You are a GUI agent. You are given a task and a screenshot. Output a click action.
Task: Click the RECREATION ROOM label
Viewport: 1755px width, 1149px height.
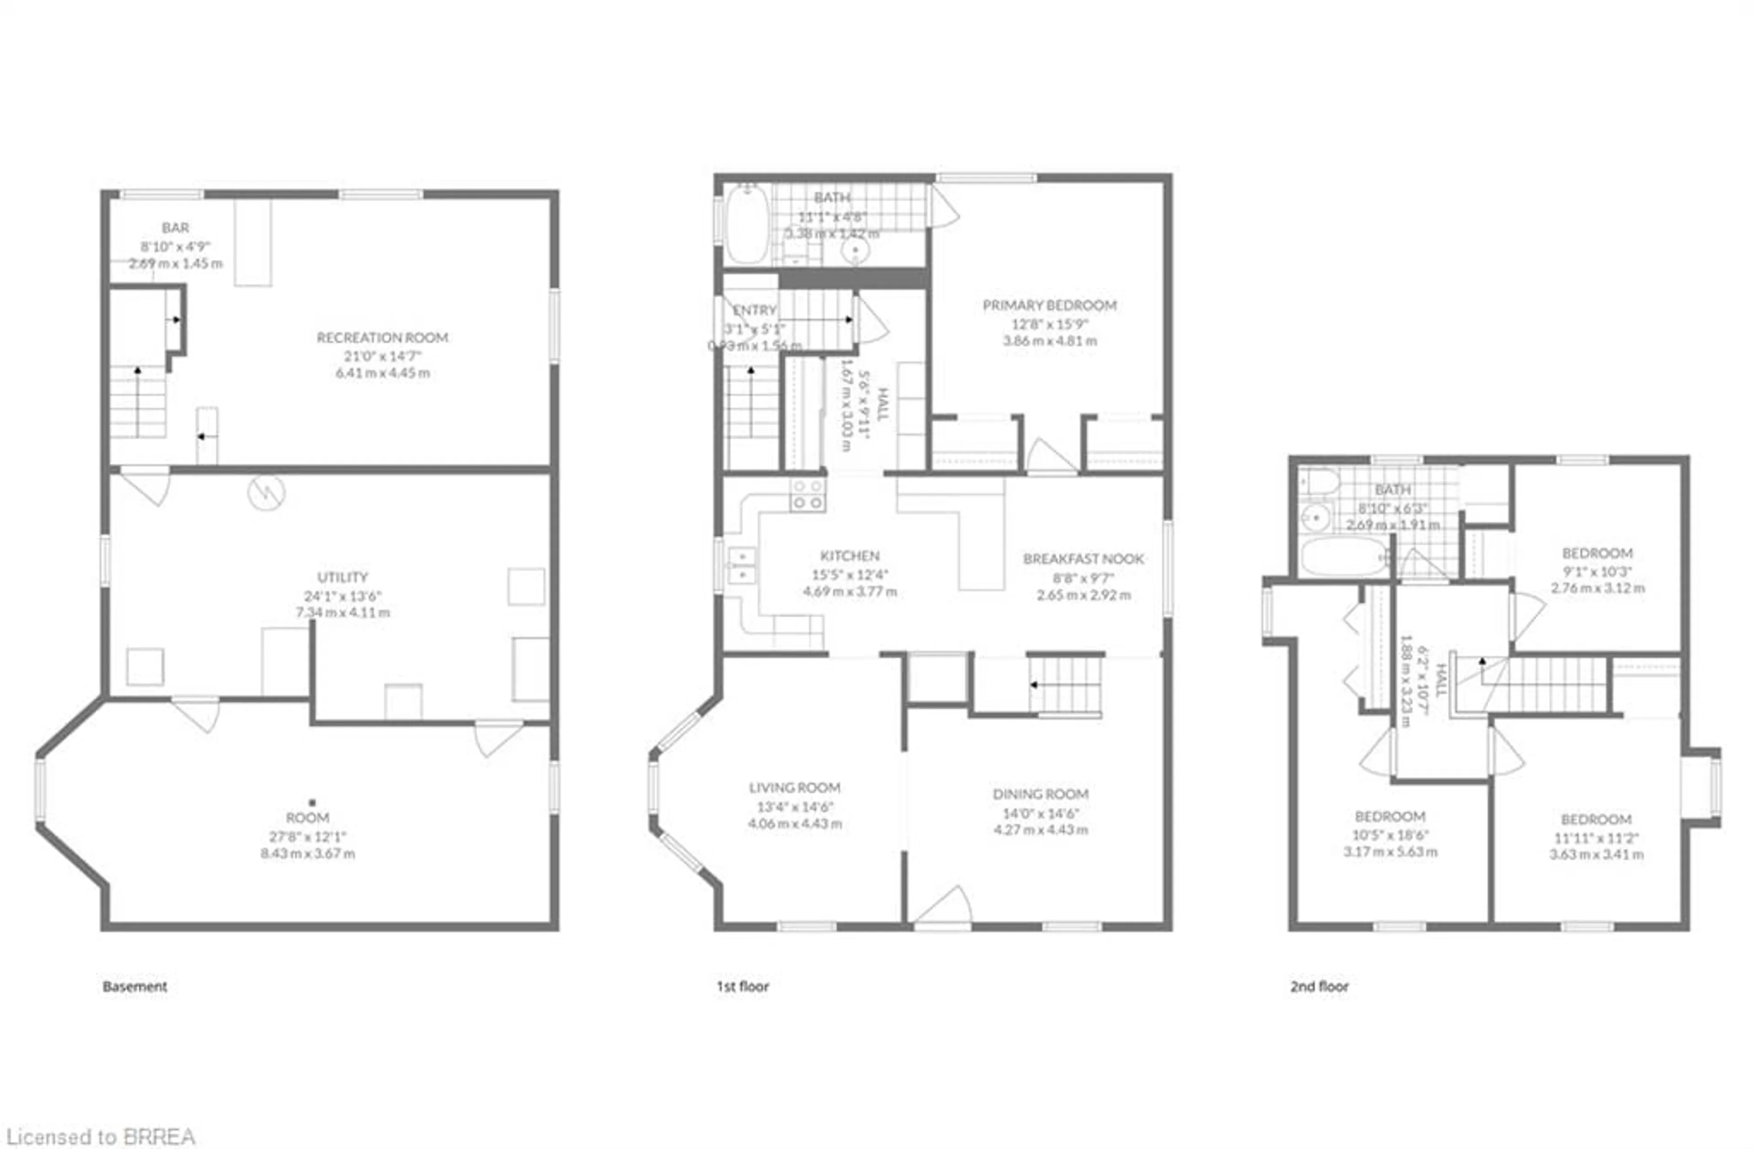tap(382, 337)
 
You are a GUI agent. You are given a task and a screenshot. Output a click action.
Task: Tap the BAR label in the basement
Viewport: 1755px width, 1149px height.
tap(175, 228)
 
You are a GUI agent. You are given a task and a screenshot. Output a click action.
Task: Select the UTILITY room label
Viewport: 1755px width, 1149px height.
tap(342, 577)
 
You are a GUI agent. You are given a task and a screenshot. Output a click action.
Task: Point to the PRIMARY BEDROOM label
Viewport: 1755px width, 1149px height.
tap(1049, 305)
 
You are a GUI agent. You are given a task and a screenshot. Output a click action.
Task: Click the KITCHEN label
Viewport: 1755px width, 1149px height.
tap(850, 556)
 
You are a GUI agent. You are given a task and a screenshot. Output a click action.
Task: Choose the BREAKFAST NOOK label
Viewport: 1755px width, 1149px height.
tap(1083, 559)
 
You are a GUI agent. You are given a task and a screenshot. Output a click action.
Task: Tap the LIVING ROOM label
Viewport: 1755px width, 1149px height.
tap(794, 787)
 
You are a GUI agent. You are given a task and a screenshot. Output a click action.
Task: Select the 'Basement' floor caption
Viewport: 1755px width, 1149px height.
tap(135, 986)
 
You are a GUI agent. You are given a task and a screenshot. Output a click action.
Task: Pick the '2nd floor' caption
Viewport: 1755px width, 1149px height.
tap(1319, 986)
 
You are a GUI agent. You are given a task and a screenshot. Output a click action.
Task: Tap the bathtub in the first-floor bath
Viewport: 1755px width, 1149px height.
tap(746, 224)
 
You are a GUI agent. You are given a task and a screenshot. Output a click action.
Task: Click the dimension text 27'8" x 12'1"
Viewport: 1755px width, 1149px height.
tap(308, 837)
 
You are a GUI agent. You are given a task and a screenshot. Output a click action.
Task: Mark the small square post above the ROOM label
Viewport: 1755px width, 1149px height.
tap(312, 802)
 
